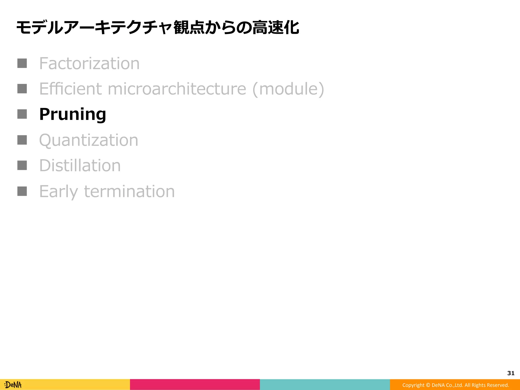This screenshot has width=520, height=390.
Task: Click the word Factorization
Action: [x=89, y=63]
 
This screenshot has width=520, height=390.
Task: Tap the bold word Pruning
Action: [x=73, y=114]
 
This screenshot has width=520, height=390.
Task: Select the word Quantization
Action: [x=89, y=140]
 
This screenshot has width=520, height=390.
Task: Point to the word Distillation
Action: [x=80, y=166]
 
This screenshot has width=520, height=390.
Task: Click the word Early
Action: [x=58, y=191]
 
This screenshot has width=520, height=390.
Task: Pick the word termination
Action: [x=129, y=191]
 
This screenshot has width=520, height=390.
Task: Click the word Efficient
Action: [x=71, y=89]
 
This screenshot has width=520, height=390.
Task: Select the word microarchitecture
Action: [x=177, y=89]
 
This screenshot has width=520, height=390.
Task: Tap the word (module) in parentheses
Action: [x=288, y=89]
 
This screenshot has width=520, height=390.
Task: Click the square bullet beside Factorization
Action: [x=22, y=63]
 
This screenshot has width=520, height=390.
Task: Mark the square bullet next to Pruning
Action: [x=22, y=114]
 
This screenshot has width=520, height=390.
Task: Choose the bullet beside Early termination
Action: [x=22, y=191]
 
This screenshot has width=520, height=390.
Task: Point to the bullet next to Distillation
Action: [x=22, y=165]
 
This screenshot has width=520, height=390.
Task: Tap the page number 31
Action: [x=511, y=373]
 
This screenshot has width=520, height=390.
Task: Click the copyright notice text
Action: [x=456, y=385]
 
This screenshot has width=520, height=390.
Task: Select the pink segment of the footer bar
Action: [x=195, y=384]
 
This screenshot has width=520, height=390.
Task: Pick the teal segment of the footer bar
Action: [x=325, y=384]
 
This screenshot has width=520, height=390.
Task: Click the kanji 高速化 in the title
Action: [x=276, y=27]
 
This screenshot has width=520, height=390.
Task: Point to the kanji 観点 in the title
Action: [x=189, y=27]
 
